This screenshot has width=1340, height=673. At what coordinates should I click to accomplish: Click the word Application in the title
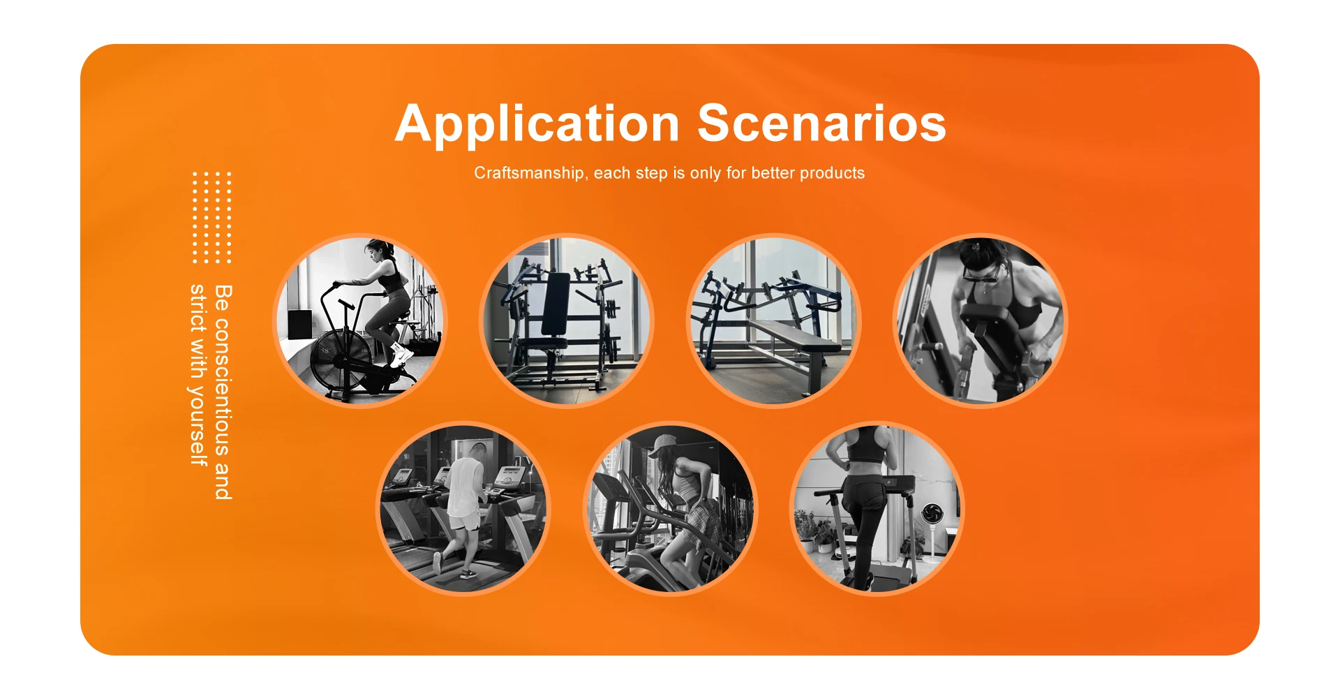click(537, 124)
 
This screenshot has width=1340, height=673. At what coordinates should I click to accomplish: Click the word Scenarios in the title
click(821, 123)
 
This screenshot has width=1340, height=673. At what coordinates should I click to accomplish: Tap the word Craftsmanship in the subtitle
click(529, 173)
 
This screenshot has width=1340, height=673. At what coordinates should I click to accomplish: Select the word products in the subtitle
click(832, 173)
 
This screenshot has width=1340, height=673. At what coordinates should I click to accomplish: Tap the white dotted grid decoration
click(211, 218)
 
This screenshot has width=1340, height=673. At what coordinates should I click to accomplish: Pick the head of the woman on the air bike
click(378, 251)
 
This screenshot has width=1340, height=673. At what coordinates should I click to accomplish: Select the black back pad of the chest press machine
click(556, 304)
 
